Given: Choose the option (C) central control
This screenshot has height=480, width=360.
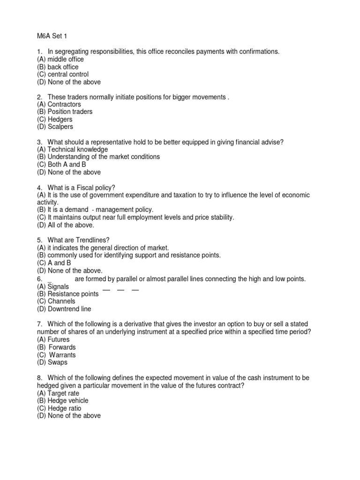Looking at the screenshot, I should (62, 75).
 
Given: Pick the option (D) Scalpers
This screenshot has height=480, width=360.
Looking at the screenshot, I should (55, 127).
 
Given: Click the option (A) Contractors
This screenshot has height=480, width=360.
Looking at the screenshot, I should (59, 105).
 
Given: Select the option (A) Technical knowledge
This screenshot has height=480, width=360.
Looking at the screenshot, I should (68, 150).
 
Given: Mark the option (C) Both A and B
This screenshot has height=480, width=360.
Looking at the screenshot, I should (61, 165).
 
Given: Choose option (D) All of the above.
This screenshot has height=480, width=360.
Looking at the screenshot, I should (64, 225).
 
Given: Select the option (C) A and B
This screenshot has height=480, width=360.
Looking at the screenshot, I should (53, 263).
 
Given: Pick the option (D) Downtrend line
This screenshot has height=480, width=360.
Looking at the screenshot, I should (64, 309).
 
